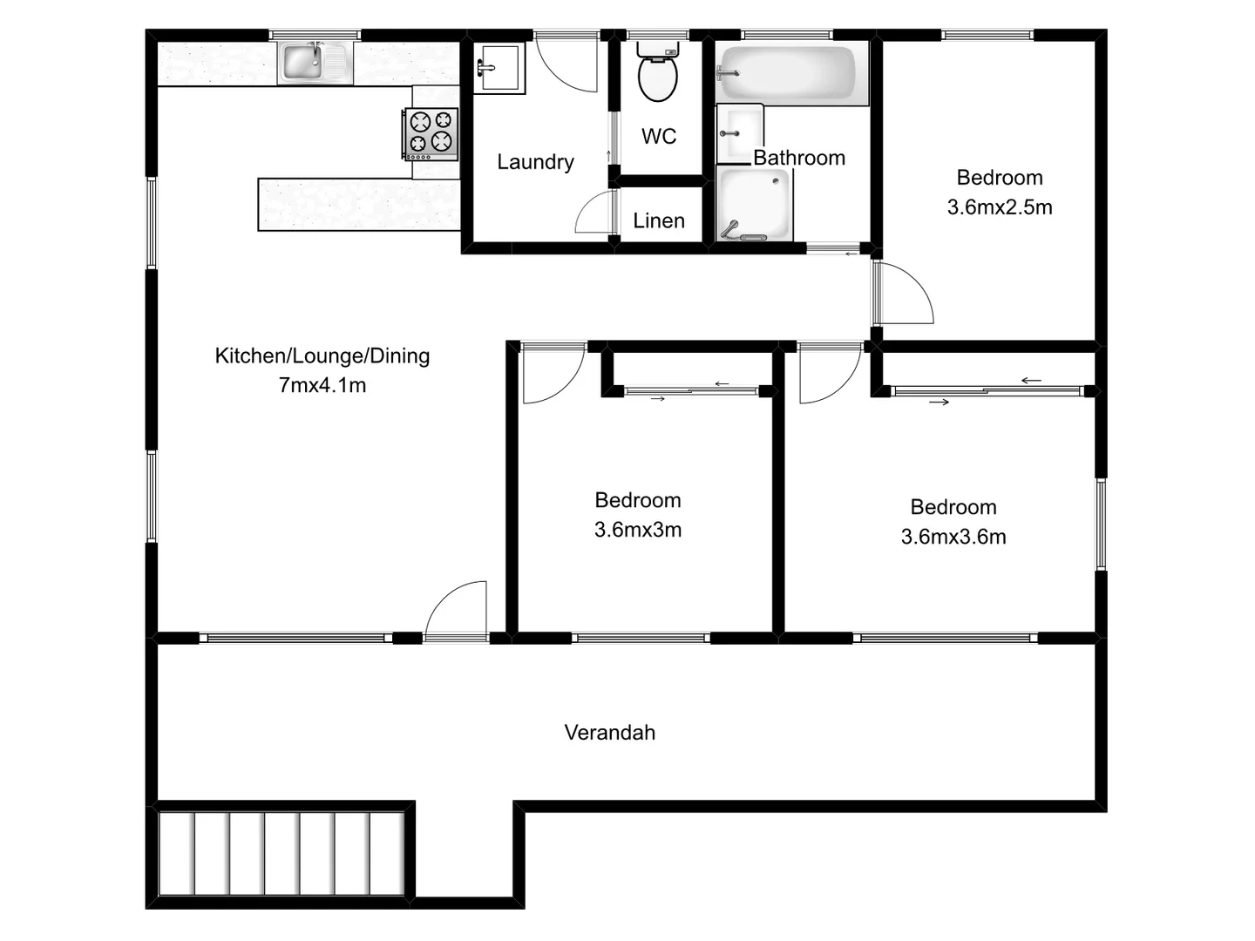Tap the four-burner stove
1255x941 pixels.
431,133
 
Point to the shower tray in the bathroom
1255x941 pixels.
755,204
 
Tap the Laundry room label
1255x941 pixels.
535,162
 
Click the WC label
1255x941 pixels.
659,136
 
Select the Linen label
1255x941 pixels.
659,220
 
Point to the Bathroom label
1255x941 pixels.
799,158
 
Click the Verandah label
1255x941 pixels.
609,733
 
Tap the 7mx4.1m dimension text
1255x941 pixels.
322,385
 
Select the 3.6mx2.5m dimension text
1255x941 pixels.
1000,207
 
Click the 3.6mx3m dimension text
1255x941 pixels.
638,530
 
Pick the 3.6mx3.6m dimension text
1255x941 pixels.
953,537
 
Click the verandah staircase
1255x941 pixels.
282,853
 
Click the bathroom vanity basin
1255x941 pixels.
739,132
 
